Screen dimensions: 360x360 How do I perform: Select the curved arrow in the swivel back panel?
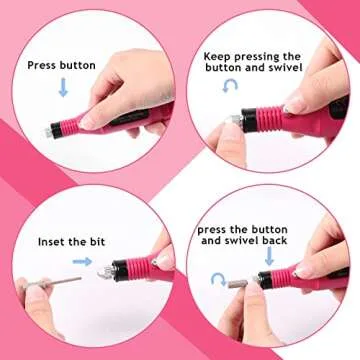tap(220, 278)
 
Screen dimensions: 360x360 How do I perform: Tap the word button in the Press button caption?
tap(78, 65)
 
